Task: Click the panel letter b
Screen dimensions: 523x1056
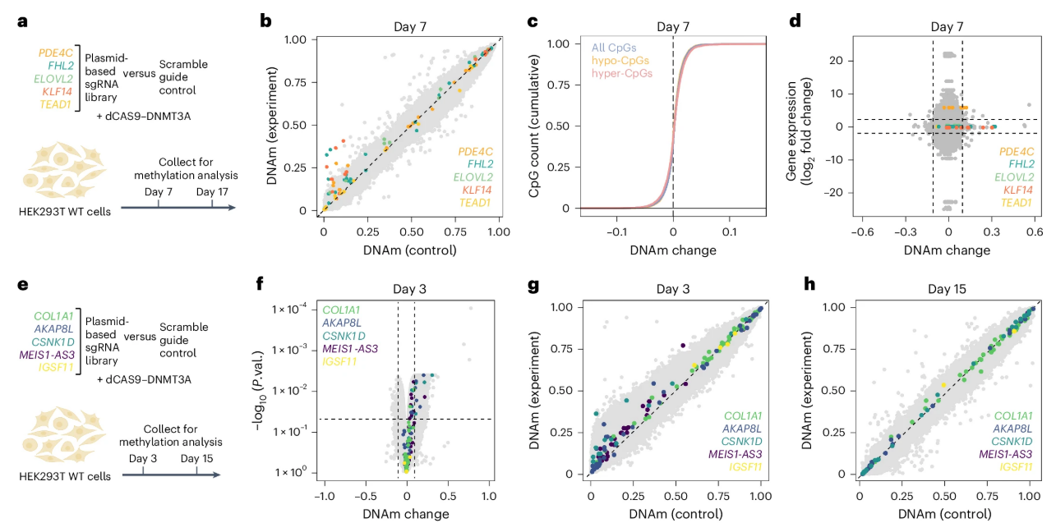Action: (x=265, y=20)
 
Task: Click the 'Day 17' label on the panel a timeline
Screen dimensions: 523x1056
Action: (x=212, y=191)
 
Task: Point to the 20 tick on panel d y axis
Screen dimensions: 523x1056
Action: (x=837, y=61)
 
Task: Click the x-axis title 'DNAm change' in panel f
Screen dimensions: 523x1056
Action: (x=407, y=514)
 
